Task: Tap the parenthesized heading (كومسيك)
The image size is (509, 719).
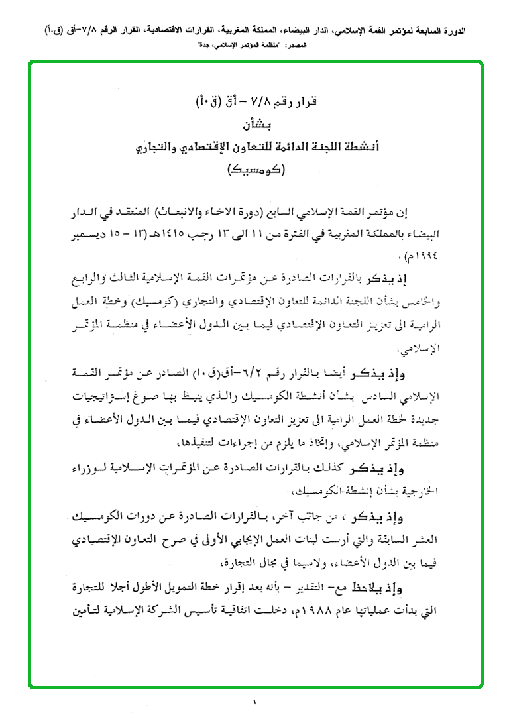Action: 255,170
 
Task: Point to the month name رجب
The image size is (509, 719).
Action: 229,233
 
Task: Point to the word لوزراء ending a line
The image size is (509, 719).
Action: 89,470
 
